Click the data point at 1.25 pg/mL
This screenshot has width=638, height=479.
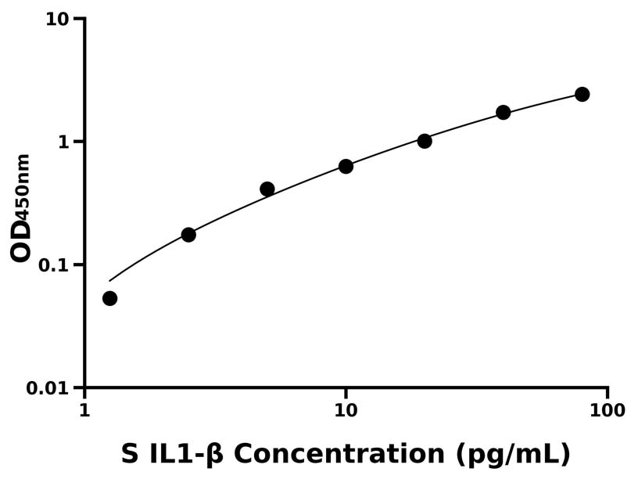click(x=110, y=298)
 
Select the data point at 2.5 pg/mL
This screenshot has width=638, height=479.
click(x=188, y=235)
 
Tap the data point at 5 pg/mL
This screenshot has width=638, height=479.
click(x=267, y=189)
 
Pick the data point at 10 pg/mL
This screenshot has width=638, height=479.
click(x=346, y=167)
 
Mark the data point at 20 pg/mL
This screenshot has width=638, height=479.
click(x=425, y=141)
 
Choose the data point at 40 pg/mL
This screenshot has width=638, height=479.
click(x=504, y=113)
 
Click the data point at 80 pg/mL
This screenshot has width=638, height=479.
click(x=582, y=95)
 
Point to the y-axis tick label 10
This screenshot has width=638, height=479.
click(x=57, y=19)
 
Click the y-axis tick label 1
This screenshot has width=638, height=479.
click(x=65, y=142)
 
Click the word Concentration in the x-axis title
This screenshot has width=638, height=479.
click(x=339, y=455)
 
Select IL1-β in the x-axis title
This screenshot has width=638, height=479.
click(x=187, y=455)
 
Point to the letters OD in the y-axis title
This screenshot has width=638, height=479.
click(x=21, y=239)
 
